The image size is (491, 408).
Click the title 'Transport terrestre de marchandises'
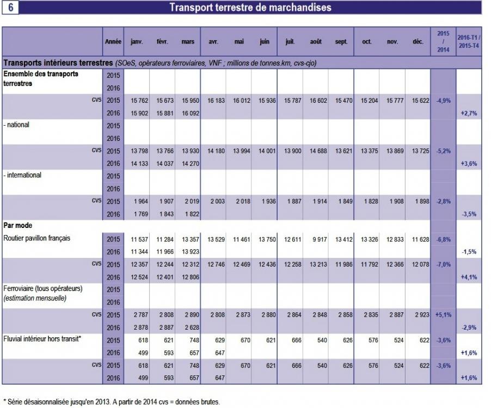pos(250,8)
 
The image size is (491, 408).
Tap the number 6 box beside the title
pos(11,8)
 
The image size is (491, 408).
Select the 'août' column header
pos(315,41)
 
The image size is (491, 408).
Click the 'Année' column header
pos(113,41)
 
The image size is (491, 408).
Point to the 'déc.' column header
pos(418,41)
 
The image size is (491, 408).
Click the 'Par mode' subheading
pos(19,225)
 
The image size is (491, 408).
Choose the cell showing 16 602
pos(316,101)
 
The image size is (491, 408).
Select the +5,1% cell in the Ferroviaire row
pos(442,315)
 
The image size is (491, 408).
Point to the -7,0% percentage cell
pos(442,264)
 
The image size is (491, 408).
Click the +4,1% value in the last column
pos(469,277)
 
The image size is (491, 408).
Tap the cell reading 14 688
pos(316,151)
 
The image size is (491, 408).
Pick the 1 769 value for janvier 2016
pos(139,214)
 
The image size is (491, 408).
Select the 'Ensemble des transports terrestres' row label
pos(41,78)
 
